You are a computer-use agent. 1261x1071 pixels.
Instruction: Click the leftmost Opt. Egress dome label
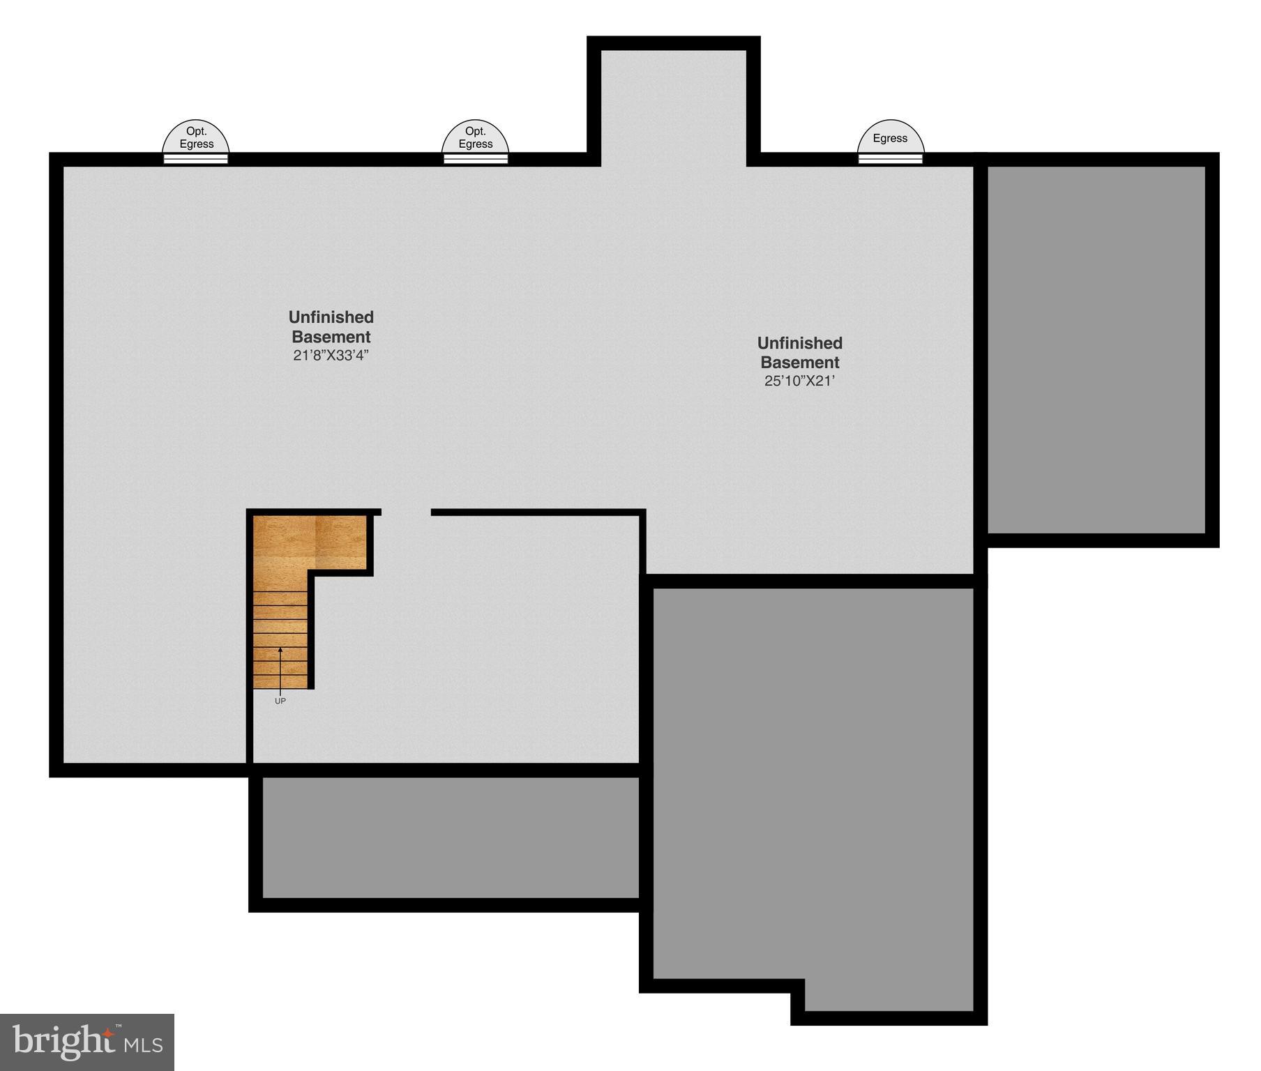[x=196, y=137]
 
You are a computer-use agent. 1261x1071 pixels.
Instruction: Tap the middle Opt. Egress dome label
[x=475, y=137]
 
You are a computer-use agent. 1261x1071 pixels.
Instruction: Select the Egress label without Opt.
[x=890, y=138]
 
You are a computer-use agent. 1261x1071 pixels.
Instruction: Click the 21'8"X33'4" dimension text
[x=331, y=355]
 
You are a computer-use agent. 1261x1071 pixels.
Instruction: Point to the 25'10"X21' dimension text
[x=799, y=381]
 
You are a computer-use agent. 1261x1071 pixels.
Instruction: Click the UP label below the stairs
[x=280, y=701]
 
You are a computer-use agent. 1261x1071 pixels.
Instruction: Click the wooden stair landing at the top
[x=310, y=542]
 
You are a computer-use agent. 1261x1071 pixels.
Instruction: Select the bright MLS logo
[x=87, y=1042]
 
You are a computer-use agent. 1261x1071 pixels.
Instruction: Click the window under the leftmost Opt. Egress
[x=196, y=159]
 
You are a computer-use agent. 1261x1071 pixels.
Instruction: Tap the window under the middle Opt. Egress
[x=476, y=159]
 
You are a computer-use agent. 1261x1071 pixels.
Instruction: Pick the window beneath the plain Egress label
[x=890, y=159]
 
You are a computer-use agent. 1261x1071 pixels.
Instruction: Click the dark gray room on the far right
[x=1096, y=349]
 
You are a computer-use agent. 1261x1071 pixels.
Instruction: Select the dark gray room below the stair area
[x=450, y=837]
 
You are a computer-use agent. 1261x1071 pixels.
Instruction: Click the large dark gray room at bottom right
[x=813, y=781]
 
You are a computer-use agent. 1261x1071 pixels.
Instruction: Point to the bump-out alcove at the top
[x=673, y=105]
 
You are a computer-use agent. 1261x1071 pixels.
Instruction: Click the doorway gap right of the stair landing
[x=406, y=512]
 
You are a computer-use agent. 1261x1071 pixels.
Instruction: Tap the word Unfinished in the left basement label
[x=331, y=317]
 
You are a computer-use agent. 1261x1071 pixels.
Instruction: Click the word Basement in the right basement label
[x=799, y=363]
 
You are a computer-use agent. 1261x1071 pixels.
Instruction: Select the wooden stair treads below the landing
[x=280, y=638]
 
